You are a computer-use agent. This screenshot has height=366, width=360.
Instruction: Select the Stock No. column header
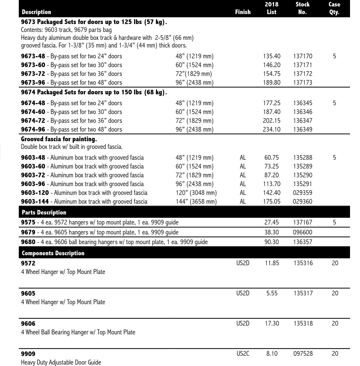pos(302,8)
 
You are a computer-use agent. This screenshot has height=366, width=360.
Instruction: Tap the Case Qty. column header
pos(334,8)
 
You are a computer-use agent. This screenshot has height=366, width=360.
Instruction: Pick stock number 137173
pos(302,83)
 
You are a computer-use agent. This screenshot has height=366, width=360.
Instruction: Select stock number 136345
pos(302,103)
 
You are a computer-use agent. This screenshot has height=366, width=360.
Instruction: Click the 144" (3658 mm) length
pos(194,202)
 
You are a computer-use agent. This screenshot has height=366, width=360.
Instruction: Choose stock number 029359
pos(302,193)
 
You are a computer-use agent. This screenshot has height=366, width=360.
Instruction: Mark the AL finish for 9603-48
pos(243,158)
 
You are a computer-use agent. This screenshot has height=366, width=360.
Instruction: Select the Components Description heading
pos(53,253)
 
